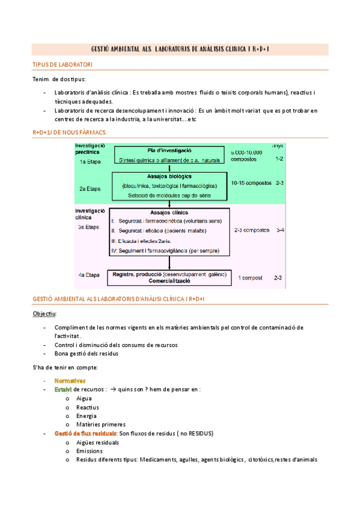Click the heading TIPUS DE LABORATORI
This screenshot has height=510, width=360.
(62, 64)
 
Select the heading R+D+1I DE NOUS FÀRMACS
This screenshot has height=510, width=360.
(70, 132)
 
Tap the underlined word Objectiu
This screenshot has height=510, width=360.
(44, 314)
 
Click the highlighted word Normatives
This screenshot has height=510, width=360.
(70, 380)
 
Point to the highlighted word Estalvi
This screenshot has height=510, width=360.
(63, 389)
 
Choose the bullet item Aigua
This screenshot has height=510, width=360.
(84, 398)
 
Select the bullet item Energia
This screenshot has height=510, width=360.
(87, 416)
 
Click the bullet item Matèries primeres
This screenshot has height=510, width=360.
(101, 425)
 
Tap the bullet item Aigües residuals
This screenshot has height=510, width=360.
(97, 443)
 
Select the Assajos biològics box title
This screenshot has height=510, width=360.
(169, 176)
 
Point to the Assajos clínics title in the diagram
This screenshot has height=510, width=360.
(169, 212)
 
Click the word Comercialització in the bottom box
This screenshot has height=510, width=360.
(169, 281)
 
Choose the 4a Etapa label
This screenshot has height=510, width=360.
(88, 275)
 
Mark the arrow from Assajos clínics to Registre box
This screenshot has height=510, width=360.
(169, 262)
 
